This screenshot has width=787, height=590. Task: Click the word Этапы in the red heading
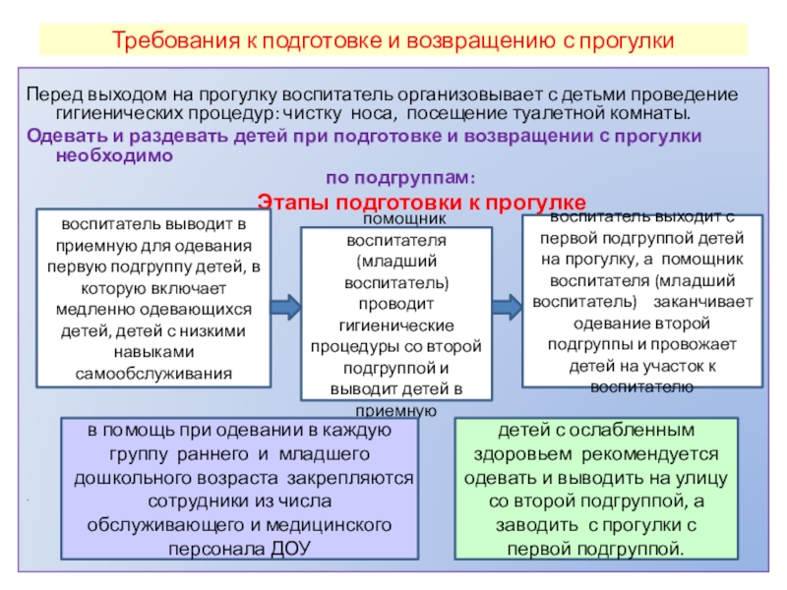[290, 202]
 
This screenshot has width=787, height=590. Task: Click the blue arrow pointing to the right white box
[502, 305]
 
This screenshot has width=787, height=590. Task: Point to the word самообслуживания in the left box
[153, 375]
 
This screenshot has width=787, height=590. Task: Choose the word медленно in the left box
[90, 310]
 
